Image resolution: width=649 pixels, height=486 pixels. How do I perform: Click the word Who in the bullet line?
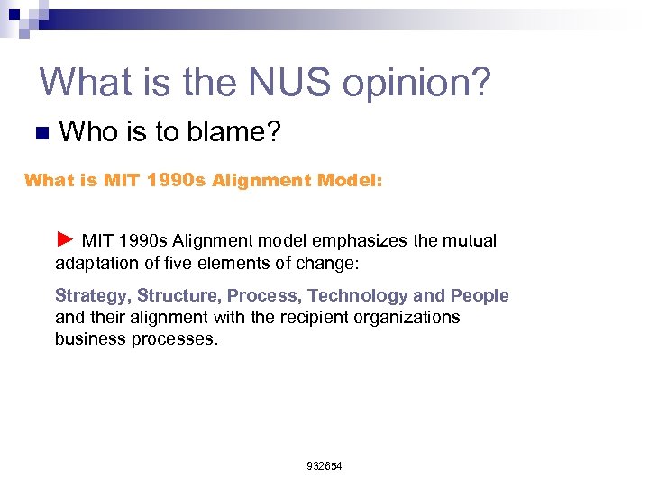(88, 132)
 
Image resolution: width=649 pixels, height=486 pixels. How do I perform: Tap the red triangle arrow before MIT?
(64, 239)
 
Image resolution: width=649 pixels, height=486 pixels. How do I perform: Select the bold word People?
(480, 296)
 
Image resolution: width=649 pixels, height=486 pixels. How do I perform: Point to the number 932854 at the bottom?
(324, 466)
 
